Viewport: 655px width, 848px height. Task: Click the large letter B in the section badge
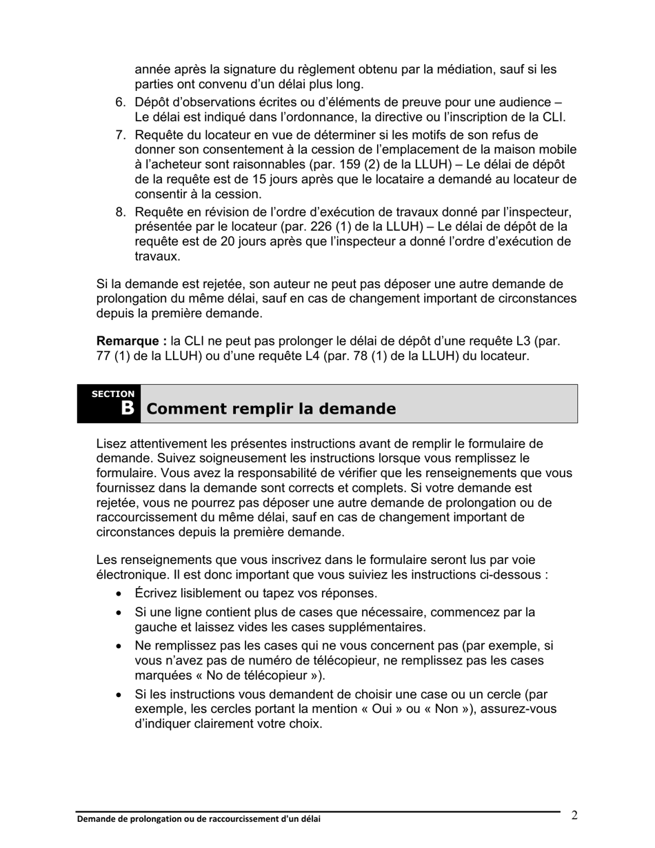pyautogui.click(x=127, y=408)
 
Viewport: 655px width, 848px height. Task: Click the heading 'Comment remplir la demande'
pyautogui.click(x=272, y=409)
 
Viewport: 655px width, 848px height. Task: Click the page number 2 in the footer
pyautogui.click(x=574, y=816)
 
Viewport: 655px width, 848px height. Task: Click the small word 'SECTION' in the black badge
pyautogui.click(x=113, y=394)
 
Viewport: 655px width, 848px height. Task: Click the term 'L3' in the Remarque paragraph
pyautogui.click(x=523, y=341)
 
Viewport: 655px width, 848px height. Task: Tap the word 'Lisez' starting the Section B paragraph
pyautogui.click(x=111, y=444)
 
